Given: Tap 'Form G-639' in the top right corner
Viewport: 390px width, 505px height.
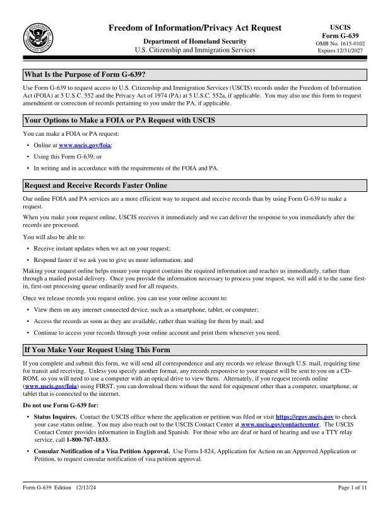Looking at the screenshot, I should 340,35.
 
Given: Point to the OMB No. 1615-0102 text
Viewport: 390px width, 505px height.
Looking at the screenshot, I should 340,43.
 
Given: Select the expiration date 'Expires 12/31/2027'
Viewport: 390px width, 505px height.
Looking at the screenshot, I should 340,50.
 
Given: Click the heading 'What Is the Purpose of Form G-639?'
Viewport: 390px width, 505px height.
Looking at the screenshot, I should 85,74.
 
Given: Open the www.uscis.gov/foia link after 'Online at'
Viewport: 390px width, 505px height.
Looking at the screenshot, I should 85,145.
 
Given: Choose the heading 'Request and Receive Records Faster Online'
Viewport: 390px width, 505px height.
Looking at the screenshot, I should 95,186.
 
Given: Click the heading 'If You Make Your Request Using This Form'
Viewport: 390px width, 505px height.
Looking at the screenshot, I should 97,349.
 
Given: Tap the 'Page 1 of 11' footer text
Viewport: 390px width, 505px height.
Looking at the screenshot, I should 353,487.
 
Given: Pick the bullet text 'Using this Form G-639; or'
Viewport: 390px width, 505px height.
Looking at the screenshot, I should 68,157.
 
